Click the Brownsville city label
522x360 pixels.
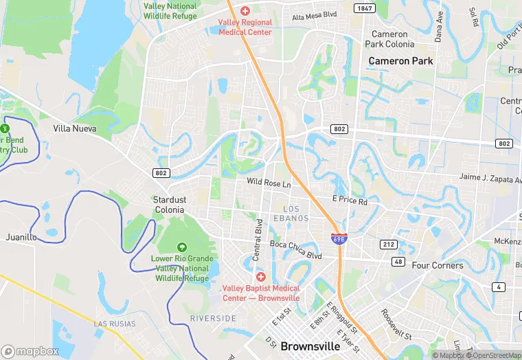[x=310, y=346]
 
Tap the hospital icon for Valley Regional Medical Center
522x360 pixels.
[x=245, y=12]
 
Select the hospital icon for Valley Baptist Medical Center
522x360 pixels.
[x=260, y=276]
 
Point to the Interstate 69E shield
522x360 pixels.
[x=339, y=239]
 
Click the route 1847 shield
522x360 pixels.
[x=365, y=8]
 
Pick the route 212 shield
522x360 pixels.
[x=389, y=245]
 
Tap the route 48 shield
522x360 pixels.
[x=398, y=262]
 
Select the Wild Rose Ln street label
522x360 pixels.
[x=269, y=184]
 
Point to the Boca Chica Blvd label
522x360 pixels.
[x=295, y=249]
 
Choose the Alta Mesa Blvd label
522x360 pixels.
[x=315, y=16]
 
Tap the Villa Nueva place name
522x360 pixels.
[x=75, y=128]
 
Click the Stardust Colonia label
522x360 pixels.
[x=168, y=205]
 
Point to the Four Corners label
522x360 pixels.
[x=438, y=265]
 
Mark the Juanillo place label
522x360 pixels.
[x=21, y=237]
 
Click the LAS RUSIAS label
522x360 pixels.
[x=115, y=324]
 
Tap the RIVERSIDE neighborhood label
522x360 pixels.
[x=213, y=319]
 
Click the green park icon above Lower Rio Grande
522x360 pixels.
[x=182, y=247]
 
